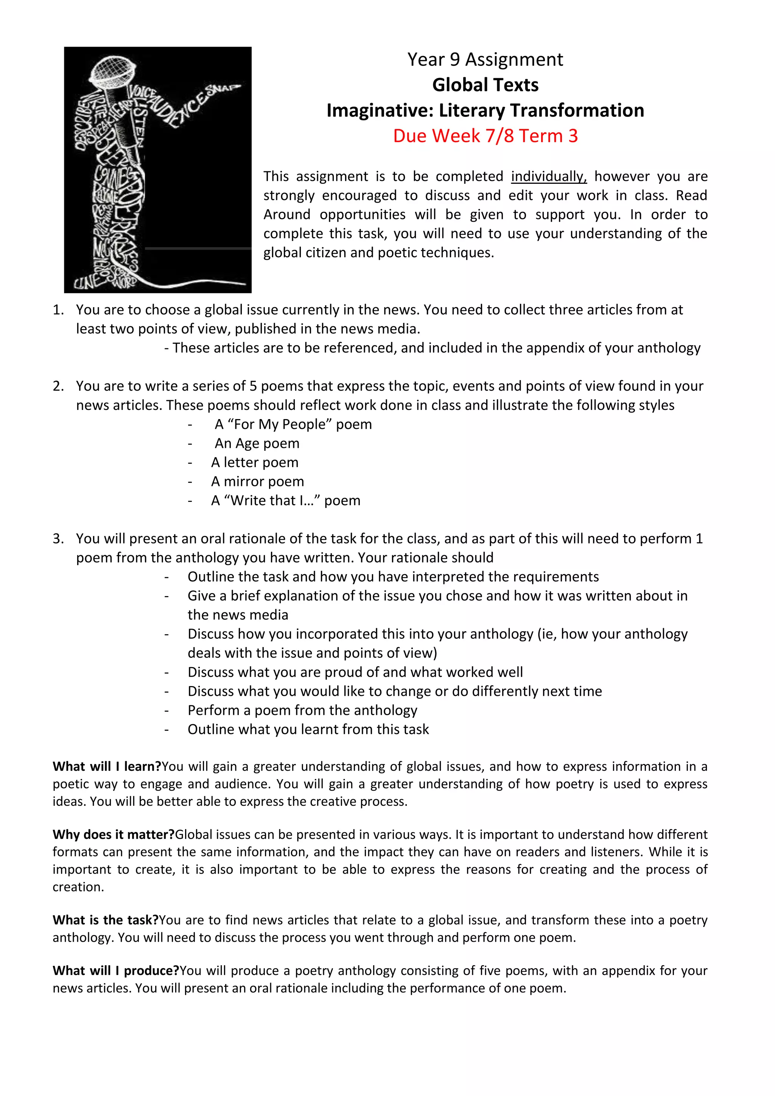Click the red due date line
[x=485, y=136]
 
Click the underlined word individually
[x=549, y=177]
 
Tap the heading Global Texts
[x=485, y=85]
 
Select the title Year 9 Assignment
[x=485, y=60]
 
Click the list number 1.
[x=58, y=310]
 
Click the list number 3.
[x=58, y=539]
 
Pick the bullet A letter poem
[x=255, y=462]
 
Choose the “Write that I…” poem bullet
[x=286, y=500]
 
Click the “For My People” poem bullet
[x=293, y=424]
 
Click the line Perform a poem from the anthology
[x=302, y=710]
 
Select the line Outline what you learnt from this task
[x=308, y=730]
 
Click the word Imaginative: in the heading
[x=380, y=111]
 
